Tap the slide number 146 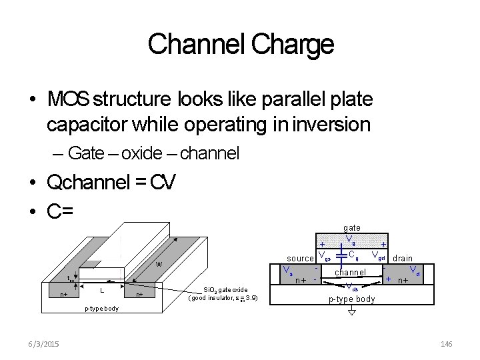pos(446,343)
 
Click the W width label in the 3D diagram pos(159,265)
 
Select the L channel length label pos(101,291)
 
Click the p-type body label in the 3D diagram pos(101,309)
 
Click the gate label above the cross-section pos(352,228)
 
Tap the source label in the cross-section pos(300,259)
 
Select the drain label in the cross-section pos(402,258)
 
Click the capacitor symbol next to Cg pos(342,254)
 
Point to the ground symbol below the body pos(352,311)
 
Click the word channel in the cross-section pos(350,272)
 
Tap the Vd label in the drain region pos(414,271)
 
